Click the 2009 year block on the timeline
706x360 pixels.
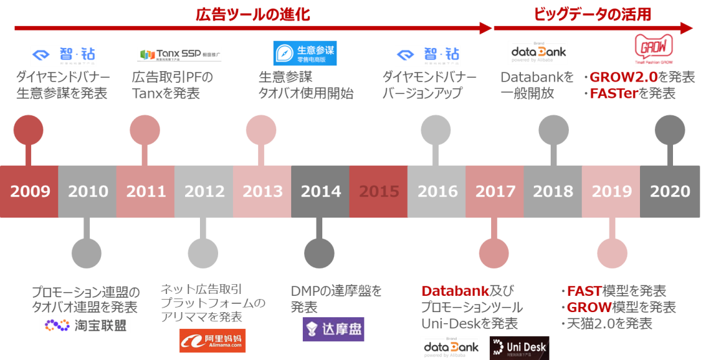(x=29, y=192)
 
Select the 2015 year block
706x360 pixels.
(x=379, y=192)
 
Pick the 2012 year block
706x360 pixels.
(x=204, y=192)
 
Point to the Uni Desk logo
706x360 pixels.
(x=519, y=348)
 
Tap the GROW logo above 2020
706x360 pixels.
(x=654, y=49)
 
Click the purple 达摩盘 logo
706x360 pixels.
(x=333, y=329)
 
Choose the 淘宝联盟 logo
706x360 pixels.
(x=85, y=324)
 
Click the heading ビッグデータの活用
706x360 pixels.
(x=592, y=15)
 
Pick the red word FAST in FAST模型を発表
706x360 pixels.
(x=584, y=291)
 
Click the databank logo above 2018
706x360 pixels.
(x=538, y=52)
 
